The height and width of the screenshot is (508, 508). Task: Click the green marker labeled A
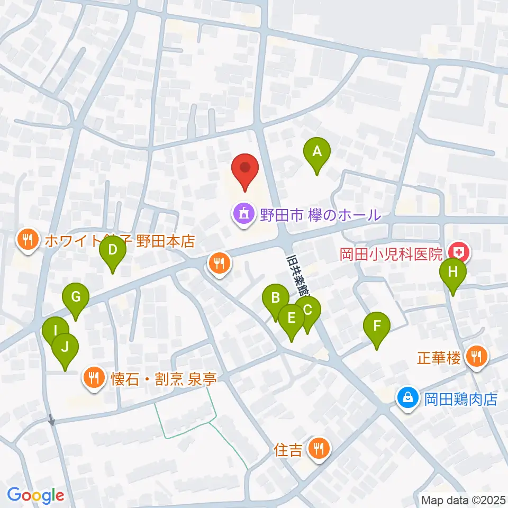[x=317, y=152]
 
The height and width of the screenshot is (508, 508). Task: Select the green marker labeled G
[x=76, y=298]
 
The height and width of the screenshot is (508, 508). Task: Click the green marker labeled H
[x=452, y=273]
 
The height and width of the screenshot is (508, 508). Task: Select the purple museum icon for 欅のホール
[x=243, y=215]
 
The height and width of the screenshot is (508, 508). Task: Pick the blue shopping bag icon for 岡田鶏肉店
[x=408, y=397]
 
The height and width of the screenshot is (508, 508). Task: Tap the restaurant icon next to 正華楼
[x=477, y=357]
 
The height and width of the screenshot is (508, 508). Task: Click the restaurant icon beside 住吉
[x=319, y=450]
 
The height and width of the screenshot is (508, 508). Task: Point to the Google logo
[x=35, y=495]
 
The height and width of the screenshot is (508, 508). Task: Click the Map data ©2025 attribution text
[x=462, y=500]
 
